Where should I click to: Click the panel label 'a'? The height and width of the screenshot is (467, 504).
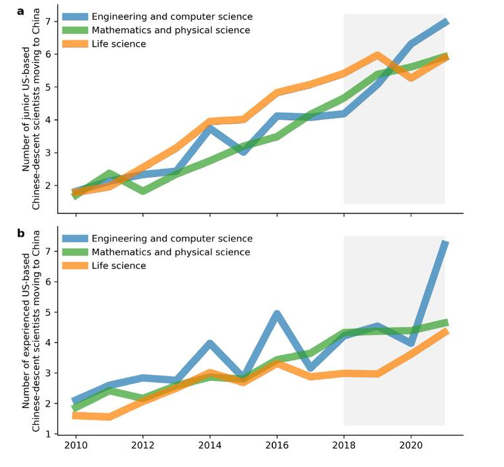(21, 11)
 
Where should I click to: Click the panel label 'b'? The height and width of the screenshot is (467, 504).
(21, 233)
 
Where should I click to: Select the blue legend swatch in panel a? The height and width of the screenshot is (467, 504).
(74, 17)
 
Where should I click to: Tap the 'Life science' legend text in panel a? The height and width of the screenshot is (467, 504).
(119, 44)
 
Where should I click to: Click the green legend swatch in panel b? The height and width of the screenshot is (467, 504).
(74, 252)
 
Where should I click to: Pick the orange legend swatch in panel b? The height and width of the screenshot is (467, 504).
(74, 266)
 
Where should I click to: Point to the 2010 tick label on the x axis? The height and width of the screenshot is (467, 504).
(75, 445)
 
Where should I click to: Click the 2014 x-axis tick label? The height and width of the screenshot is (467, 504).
(209, 445)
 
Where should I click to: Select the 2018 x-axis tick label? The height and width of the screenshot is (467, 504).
(343, 445)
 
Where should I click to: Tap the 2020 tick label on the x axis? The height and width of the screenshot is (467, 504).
(411, 445)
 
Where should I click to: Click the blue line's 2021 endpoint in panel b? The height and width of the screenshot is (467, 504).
(445, 243)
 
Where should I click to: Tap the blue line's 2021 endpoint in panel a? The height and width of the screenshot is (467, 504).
(445, 22)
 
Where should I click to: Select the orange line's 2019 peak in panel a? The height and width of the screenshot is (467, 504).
(377, 55)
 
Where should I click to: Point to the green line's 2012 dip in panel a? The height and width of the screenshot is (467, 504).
(142, 191)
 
